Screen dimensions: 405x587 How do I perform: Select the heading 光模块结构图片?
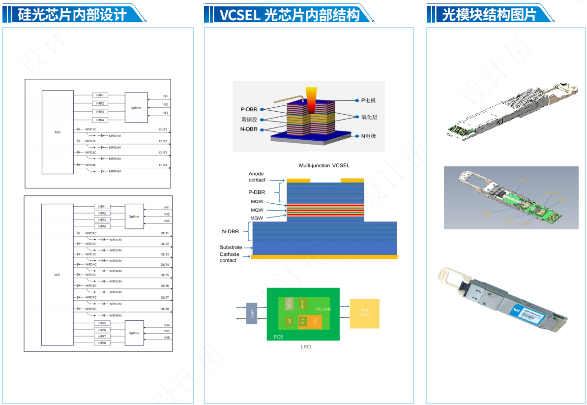489,14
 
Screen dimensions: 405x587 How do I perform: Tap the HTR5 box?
102,323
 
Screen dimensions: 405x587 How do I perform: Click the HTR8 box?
102,343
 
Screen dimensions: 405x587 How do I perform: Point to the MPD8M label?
116,315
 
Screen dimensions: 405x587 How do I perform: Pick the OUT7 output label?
164,298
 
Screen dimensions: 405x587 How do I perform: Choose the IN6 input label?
167,338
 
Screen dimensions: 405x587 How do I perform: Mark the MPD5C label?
91,275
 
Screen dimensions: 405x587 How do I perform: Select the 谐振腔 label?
249,120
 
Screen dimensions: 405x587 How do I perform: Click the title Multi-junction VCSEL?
324,165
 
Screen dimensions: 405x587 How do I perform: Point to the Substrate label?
231,247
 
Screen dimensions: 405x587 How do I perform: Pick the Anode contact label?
257,177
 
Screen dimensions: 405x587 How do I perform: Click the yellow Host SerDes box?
364,313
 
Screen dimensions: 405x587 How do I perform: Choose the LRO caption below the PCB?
306,347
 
